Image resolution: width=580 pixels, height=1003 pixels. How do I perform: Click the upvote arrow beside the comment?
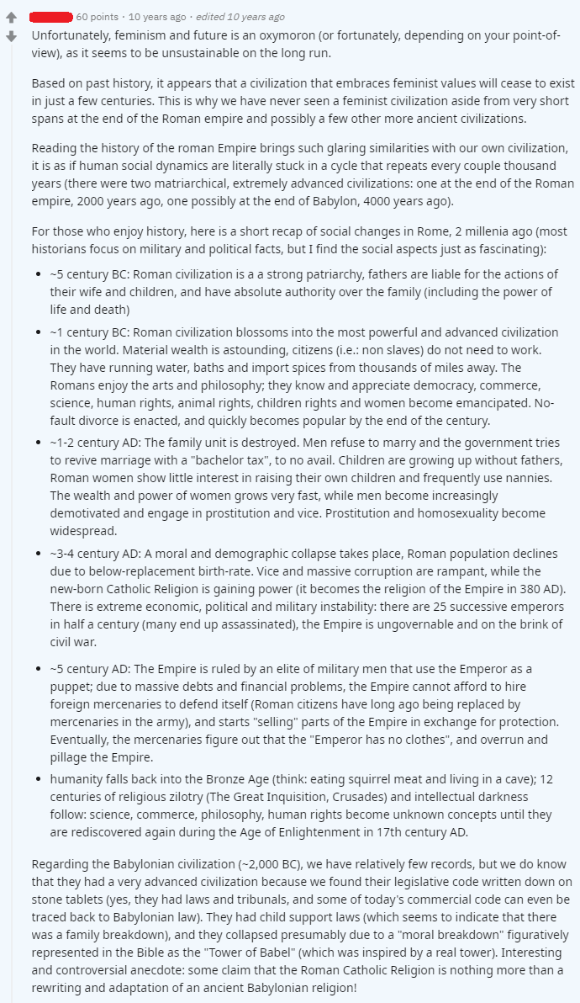coord(12,18)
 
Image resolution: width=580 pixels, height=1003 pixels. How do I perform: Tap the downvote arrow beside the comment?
coord(12,36)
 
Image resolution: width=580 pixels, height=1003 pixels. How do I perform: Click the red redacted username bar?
coord(51,17)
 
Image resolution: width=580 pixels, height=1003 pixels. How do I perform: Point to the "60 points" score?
coord(98,17)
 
